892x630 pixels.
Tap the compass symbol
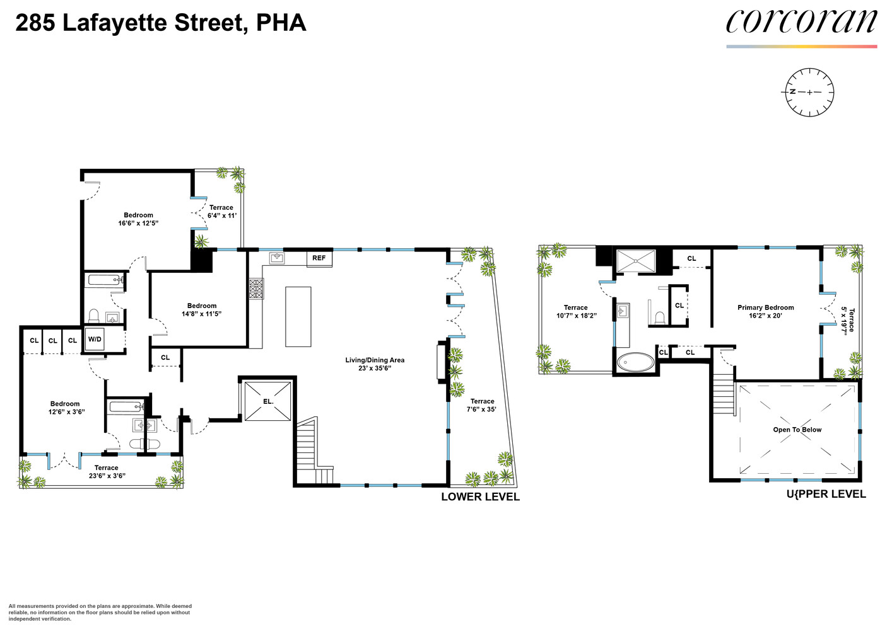point(809,93)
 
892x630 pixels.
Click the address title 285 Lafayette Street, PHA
point(161,23)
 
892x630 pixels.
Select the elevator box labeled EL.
point(268,401)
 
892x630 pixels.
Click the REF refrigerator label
point(319,258)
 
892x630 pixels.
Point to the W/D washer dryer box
point(95,340)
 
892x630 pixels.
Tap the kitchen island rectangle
point(298,316)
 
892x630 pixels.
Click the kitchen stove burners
point(256,289)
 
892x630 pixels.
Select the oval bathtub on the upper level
point(636,362)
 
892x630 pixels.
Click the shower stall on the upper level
point(636,261)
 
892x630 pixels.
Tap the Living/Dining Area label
point(375,364)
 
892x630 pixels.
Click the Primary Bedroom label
point(765,312)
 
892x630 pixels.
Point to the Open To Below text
point(797,430)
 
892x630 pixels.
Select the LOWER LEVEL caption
point(480,497)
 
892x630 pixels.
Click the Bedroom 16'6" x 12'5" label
point(138,219)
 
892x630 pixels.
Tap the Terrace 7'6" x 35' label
point(482,405)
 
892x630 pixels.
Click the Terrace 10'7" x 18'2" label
point(576,312)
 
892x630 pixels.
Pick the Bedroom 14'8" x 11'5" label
point(202,310)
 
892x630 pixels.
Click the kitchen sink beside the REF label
point(277,258)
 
